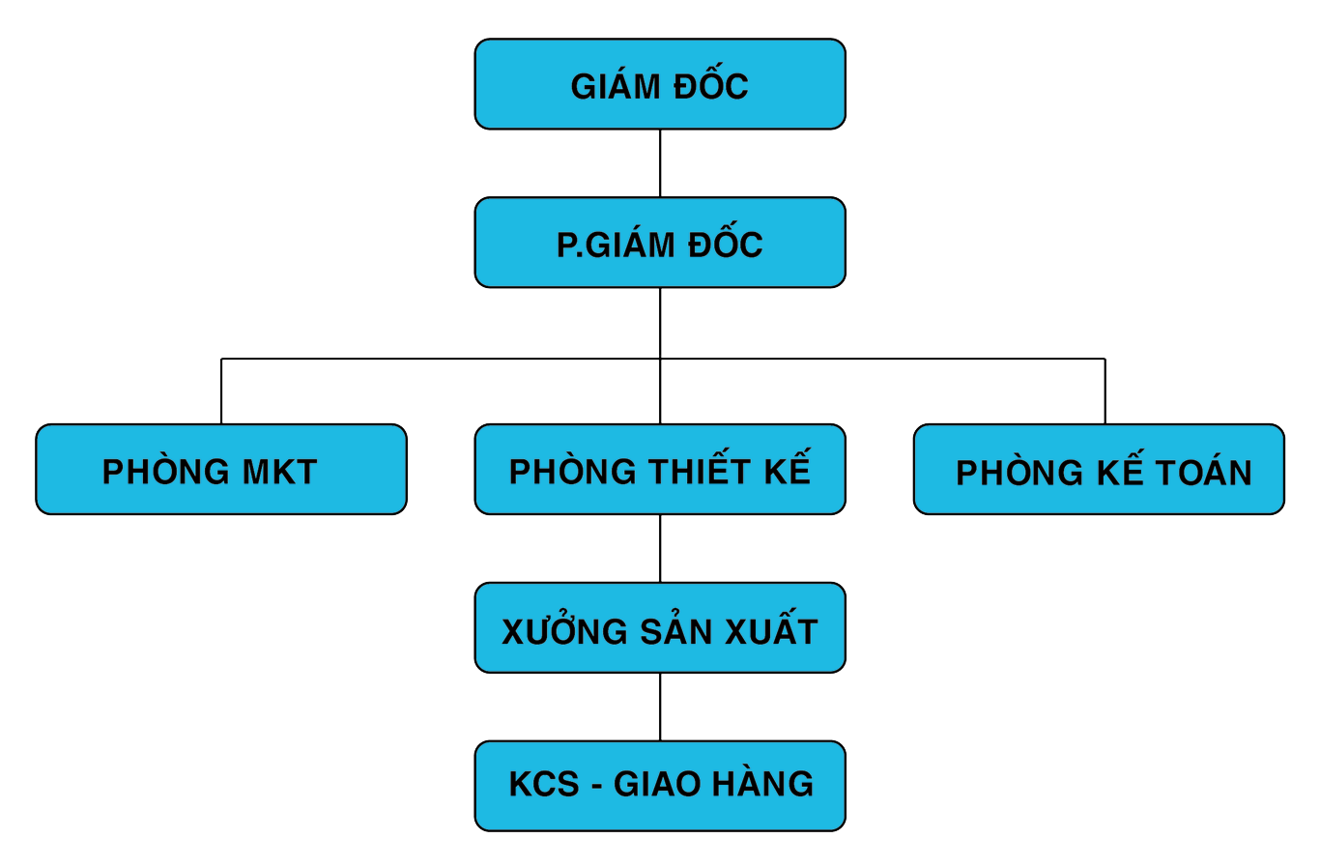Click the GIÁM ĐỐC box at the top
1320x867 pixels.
pyautogui.click(x=660, y=84)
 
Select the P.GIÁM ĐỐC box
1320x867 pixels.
pyautogui.click(x=660, y=243)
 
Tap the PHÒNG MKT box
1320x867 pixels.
pyautogui.click(x=221, y=469)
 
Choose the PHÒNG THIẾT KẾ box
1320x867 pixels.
pyautogui.click(x=660, y=469)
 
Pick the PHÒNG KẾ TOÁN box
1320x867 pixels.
pyautogui.click(x=1099, y=469)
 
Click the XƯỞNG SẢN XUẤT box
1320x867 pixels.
pyautogui.click(x=660, y=627)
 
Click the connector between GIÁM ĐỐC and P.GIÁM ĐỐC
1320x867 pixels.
pyautogui.click(x=660, y=163)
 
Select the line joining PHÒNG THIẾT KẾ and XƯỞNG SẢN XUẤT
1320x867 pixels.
pyautogui.click(x=660, y=548)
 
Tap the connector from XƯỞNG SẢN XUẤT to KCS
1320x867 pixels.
pyautogui.click(x=660, y=707)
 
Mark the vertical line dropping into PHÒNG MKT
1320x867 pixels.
pyautogui.click(x=221, y=391)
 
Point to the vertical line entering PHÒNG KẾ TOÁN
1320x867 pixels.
pyautogui.click(x=1105, y=391)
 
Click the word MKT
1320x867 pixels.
pyautogui.click(x=279, y=473)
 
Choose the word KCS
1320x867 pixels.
pyautogui.click(x=544, y=784)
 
